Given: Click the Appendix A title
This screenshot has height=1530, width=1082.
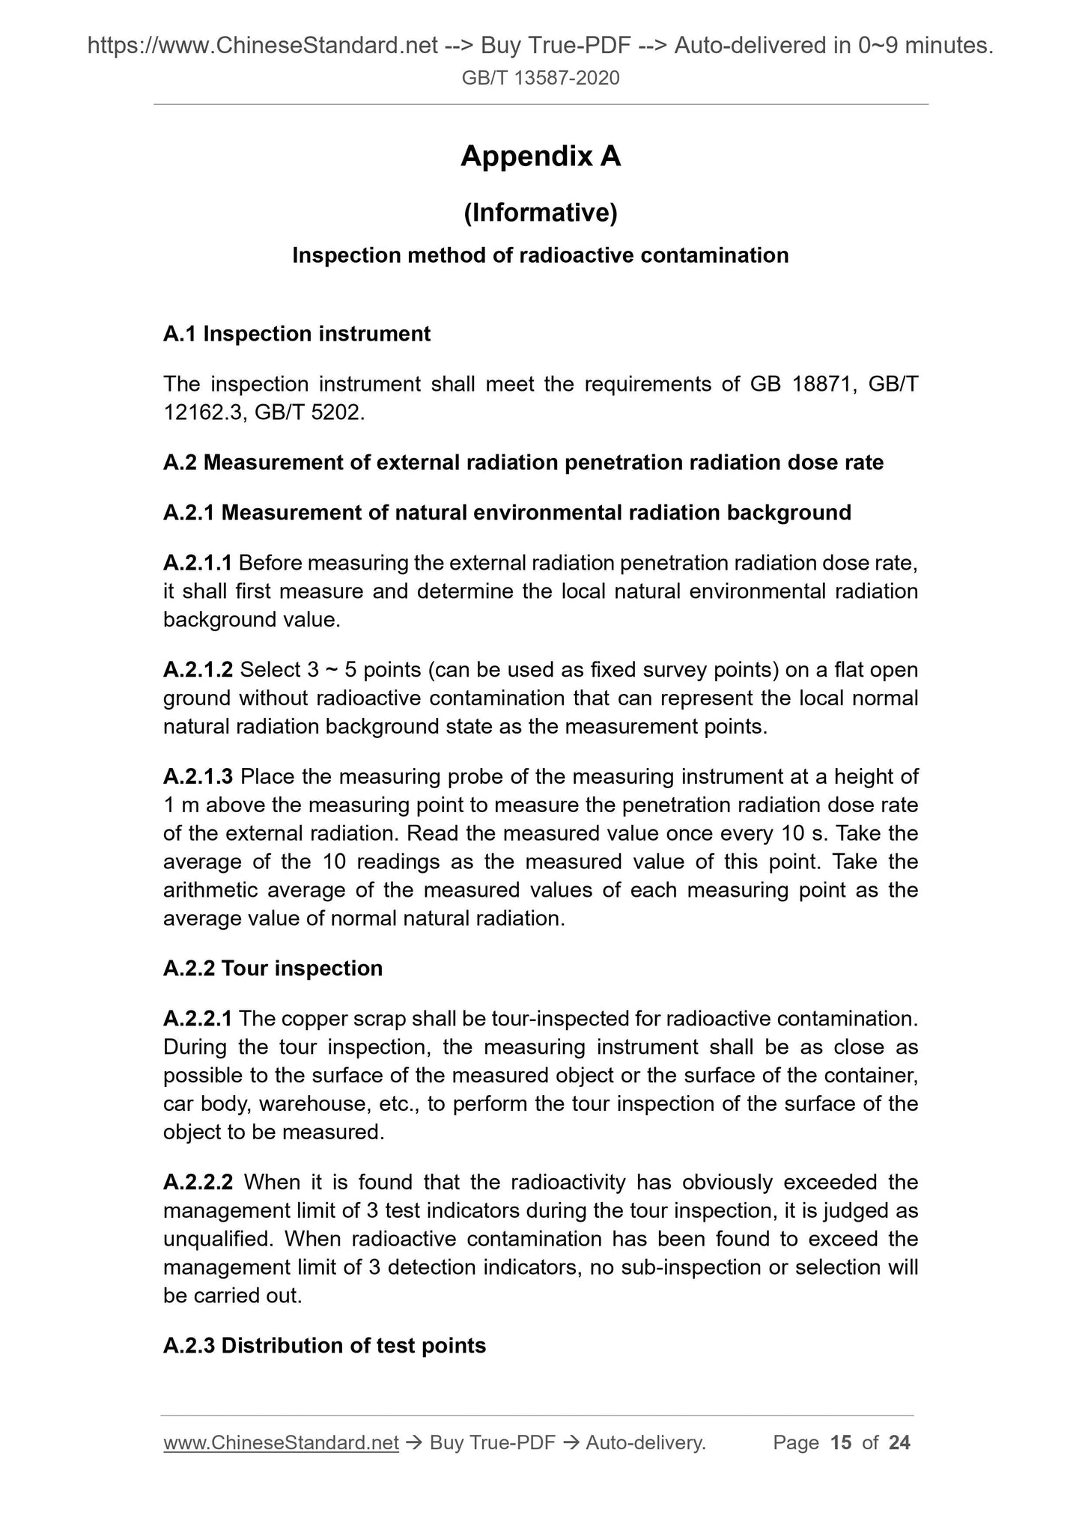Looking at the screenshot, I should tap(541, 156).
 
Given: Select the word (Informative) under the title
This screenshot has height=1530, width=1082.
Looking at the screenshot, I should tap(541, 213).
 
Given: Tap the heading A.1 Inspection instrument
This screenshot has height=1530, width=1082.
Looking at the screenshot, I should tap(297, 334).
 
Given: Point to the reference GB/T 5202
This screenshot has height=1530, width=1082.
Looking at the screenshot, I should tap(309, 412).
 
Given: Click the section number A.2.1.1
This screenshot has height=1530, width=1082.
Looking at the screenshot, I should tap(198, 563).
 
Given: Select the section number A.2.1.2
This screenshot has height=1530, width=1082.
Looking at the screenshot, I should tap(198, 669).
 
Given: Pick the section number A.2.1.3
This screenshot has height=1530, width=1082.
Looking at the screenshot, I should tap(198, 777).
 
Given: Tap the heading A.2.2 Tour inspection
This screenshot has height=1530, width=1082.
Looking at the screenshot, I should tap(273, 969).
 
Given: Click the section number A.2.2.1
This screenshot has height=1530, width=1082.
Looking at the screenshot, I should tap(198, 1019).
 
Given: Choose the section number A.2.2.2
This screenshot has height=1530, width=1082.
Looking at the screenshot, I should tap(198, 1183).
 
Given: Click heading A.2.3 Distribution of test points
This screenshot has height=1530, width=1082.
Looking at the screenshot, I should tap(324, 1346).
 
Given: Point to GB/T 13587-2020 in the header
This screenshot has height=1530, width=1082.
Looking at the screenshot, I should tap(541, 77).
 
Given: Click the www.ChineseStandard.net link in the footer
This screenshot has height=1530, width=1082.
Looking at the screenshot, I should tap(281, 1443).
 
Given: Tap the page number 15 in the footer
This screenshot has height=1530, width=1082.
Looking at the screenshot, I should tap(841, 1443).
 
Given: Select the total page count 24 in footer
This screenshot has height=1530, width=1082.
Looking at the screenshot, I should tap(899, 1443).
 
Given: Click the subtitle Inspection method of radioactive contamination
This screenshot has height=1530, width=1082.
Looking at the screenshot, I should tap(541, 256).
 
